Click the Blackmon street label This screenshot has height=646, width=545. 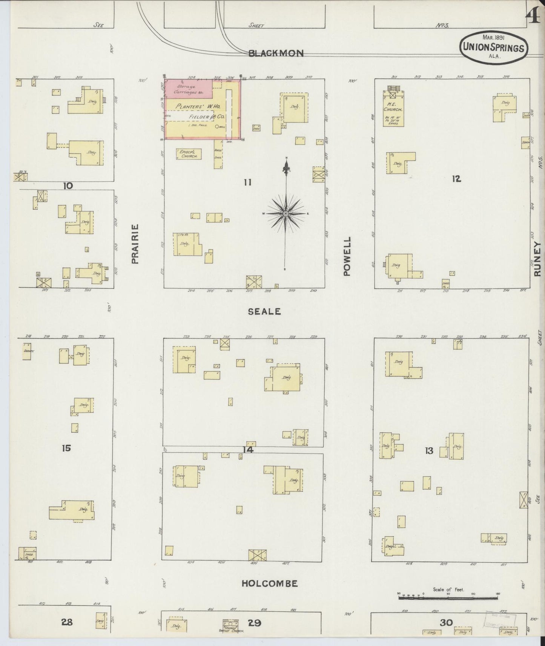coord(276,53)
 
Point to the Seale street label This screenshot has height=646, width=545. coord(264,311)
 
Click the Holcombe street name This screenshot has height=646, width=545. coord(269,584)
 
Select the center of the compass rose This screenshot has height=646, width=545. coord(286,214)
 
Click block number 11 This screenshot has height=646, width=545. coord(247,182)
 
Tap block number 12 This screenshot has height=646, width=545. coord(456,179)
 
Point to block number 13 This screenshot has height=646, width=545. coord(429,450)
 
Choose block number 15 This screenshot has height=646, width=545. coord(66,448)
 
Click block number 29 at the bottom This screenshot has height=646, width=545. coord(255,623)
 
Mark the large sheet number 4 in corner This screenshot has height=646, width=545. coord(533,17)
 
